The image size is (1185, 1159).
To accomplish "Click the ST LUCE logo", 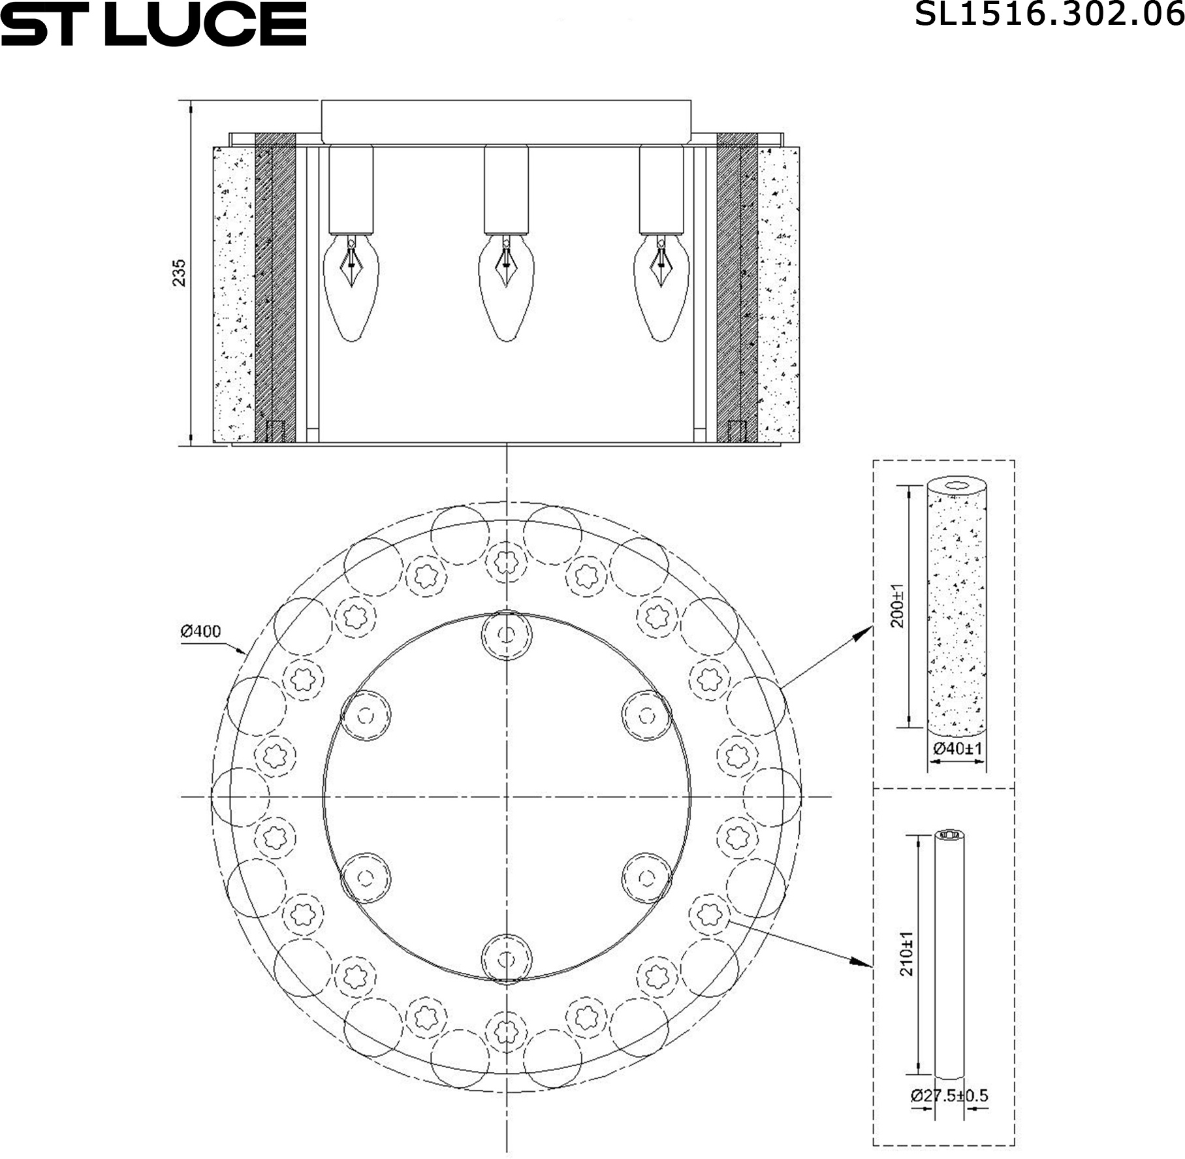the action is click(153, 24).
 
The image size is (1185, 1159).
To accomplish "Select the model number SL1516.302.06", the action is click(1049, 14).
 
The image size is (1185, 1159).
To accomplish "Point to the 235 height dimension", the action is click(179, 273).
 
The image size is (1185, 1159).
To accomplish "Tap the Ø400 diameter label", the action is click(201, 631).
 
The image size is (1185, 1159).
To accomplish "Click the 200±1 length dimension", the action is click(898, 606).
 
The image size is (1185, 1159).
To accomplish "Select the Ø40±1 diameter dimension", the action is click(957, 749).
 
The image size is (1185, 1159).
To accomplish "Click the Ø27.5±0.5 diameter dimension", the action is click(949, 1095).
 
